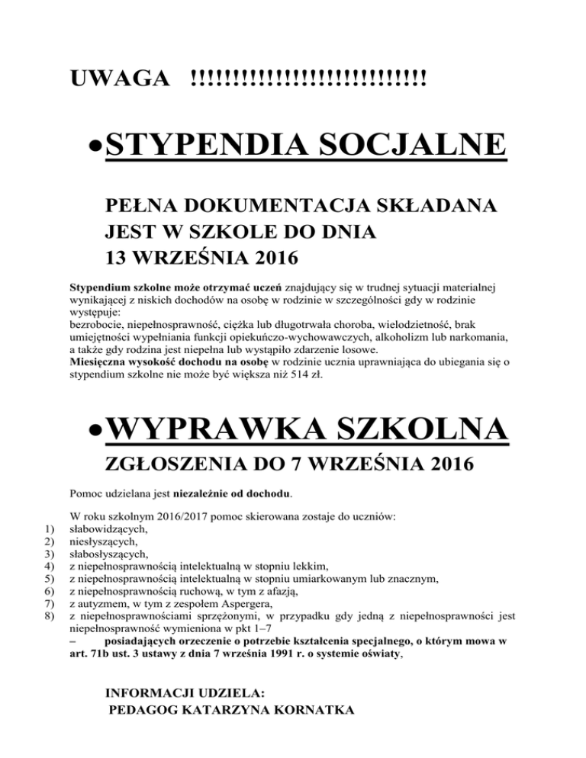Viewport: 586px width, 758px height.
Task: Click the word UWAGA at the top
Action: coord(118,78)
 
